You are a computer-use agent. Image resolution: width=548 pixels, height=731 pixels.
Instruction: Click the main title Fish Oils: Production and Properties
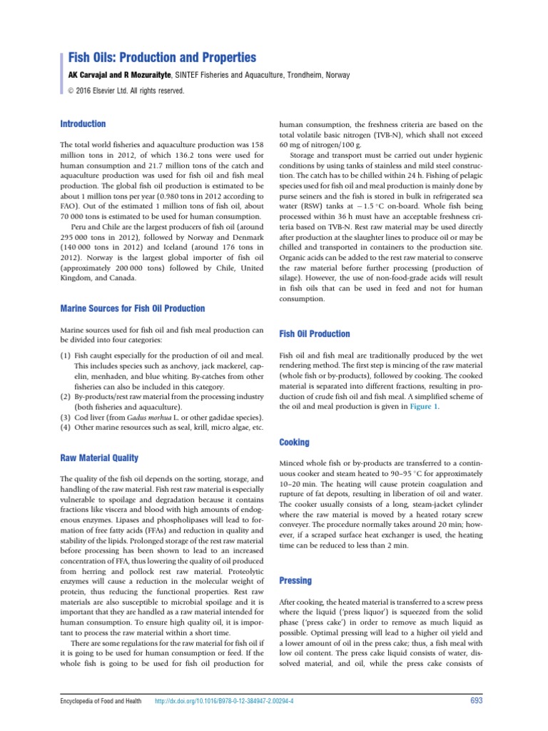point(161,57)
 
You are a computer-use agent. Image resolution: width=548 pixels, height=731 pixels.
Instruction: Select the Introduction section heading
point(83,123)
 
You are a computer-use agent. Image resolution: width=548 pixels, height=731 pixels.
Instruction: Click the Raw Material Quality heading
point(99,458)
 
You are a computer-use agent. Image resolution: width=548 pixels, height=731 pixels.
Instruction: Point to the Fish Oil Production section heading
point(314,333)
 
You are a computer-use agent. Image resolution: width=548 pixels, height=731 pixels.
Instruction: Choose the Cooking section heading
point(294,443)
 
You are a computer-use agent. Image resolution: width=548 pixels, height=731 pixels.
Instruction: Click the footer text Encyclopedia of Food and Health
point(99,701)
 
